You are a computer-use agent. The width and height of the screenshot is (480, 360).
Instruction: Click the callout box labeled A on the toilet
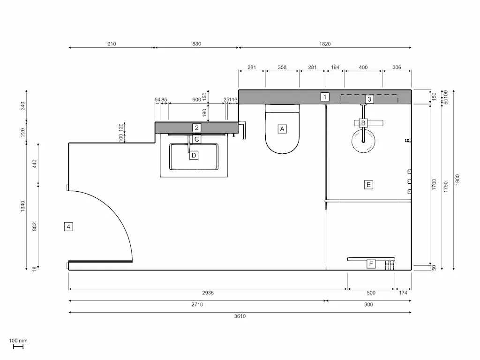(282, 129)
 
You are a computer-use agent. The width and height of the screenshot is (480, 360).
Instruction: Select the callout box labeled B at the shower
(362, 123)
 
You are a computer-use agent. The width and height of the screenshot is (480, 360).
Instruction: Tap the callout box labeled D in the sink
(194, 155)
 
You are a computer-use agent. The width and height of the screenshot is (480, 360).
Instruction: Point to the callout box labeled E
(368, 185)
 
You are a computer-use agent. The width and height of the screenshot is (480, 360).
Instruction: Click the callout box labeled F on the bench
(371, 264)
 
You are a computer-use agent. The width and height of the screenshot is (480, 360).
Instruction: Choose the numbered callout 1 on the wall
(325, 97)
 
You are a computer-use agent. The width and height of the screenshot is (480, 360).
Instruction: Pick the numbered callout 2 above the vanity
(197, 127)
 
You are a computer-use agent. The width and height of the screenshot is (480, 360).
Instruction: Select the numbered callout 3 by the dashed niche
(369, 99)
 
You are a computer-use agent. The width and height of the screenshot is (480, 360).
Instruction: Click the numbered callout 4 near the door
(68, 227)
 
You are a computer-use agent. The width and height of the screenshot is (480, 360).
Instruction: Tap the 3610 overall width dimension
(240, 316)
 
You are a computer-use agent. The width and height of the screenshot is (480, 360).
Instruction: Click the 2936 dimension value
(208, 293)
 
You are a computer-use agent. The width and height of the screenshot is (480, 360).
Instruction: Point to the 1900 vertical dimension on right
(457, 180)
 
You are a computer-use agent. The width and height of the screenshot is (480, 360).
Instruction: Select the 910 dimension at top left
(112, 44)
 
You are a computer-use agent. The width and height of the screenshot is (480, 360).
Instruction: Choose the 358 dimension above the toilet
(282, 67)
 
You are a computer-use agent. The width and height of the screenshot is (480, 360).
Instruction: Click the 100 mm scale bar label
(18, 341)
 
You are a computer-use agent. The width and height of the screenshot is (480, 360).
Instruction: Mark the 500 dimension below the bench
(371, 293)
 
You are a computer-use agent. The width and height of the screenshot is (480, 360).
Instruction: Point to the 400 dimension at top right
(363, 67)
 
